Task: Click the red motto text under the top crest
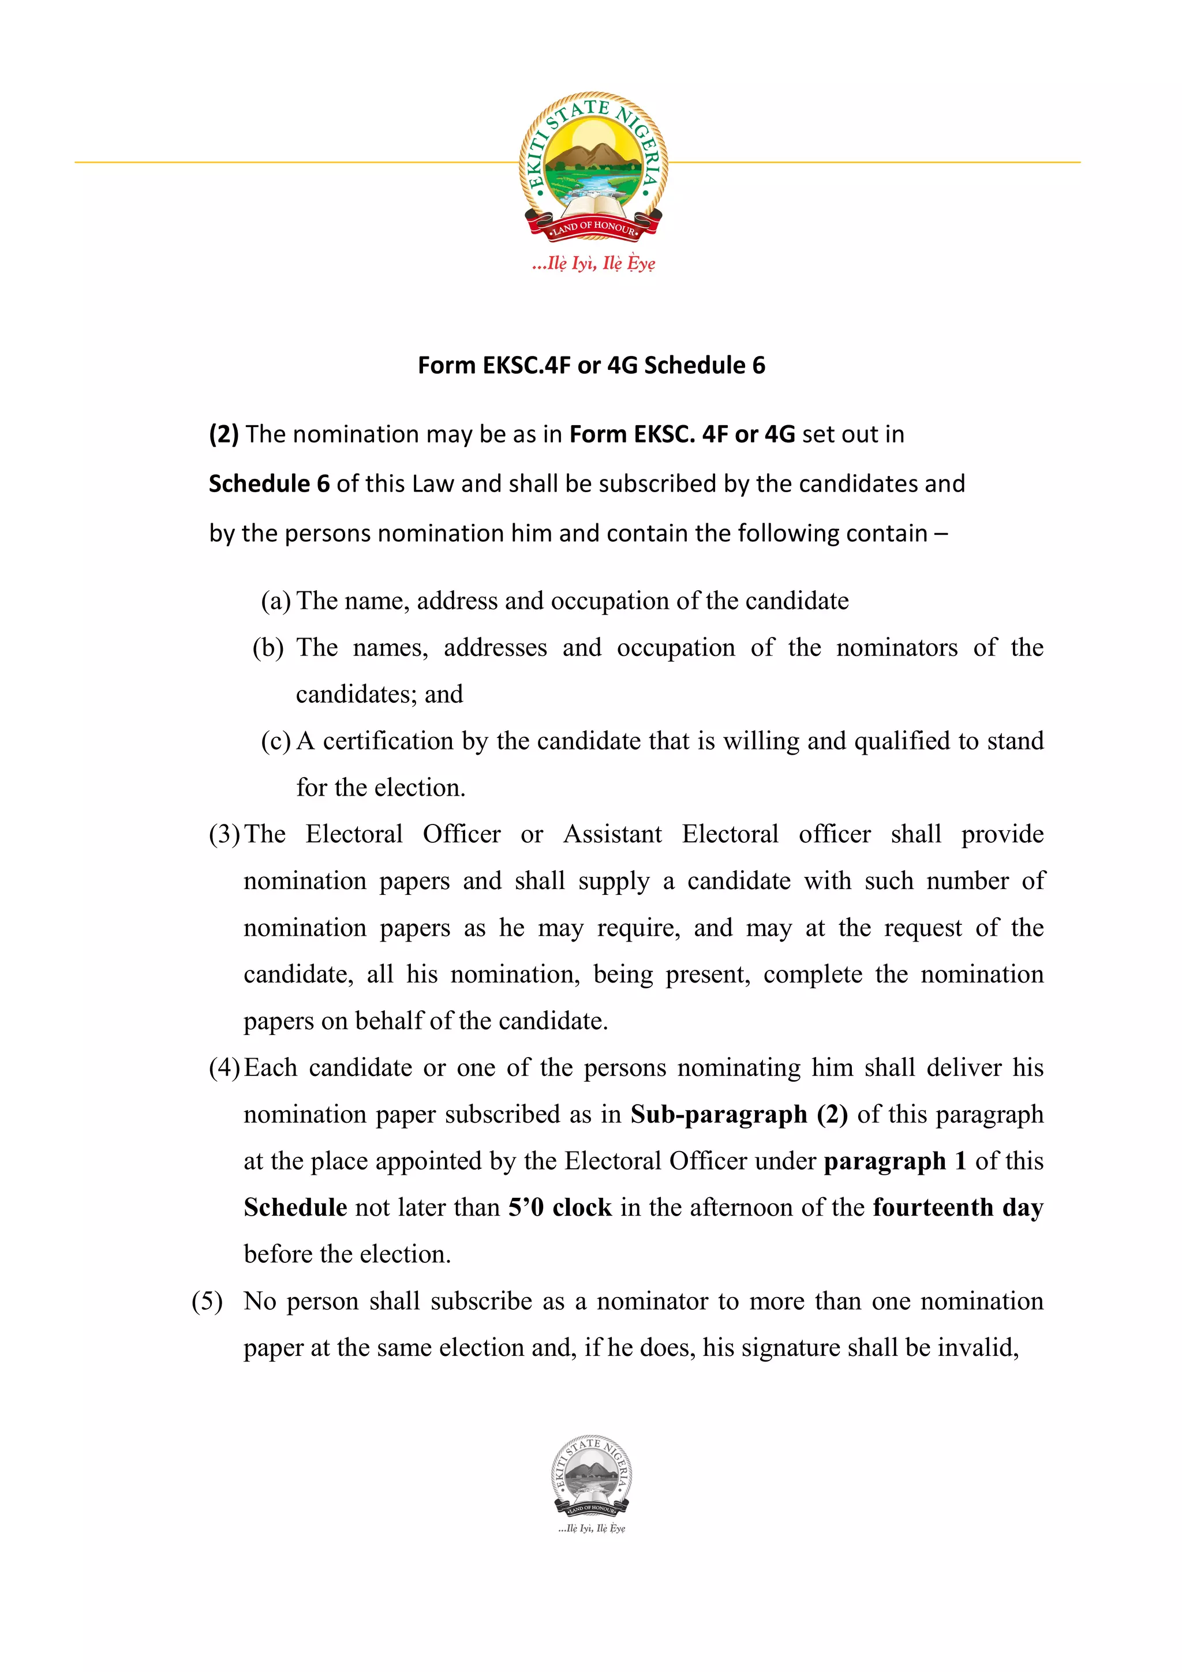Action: coord(593,263)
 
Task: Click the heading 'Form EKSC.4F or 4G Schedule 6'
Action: coord(590,365)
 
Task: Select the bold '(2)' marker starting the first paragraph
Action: coord(223,434)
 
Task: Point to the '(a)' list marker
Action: coord(275,601)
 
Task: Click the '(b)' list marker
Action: coord(267,647)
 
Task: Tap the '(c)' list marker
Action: coord(275,741)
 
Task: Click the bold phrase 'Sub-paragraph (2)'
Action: coord(739,1114)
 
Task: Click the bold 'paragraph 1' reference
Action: coord(895,1161)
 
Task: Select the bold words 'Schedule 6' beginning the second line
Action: coord(269,483)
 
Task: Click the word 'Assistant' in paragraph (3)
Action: coord(612,834)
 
